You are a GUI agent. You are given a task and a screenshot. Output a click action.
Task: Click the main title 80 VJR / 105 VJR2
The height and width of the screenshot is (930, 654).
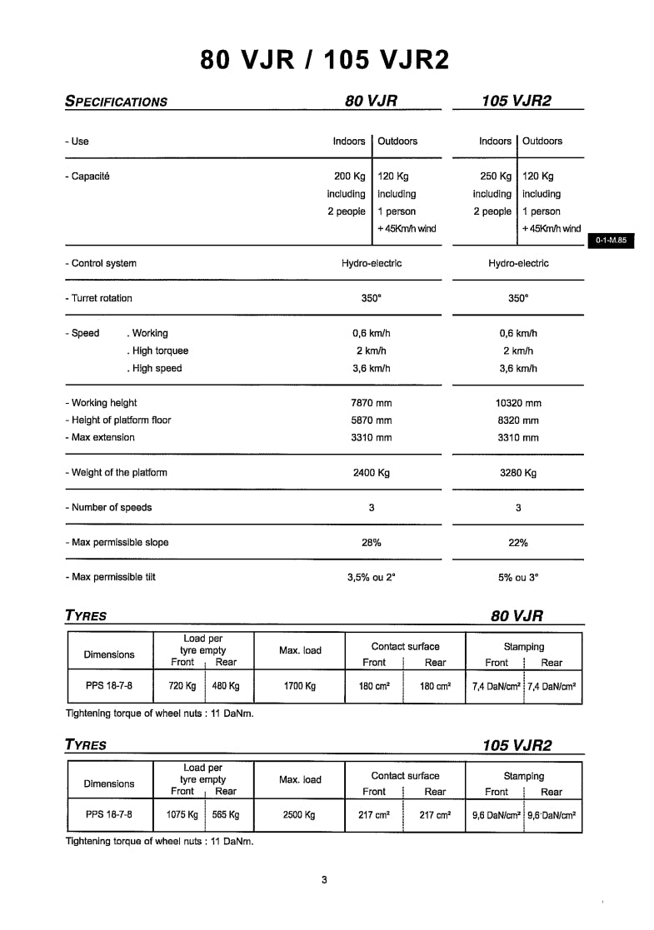[325, 60]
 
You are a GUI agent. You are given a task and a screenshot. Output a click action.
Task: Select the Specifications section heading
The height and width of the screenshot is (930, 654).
[116, 102]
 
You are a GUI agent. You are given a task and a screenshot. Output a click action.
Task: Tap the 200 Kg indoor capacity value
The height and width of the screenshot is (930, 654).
[349, 177]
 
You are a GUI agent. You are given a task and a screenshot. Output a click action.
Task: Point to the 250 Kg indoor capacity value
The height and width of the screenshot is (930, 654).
[496, 177]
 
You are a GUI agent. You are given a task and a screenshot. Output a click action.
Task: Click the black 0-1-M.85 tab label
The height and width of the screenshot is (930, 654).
[611, 241]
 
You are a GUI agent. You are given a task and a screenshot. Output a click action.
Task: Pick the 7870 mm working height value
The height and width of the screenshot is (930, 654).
[371, 403]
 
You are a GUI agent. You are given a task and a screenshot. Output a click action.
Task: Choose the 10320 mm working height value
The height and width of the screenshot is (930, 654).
[517, 403]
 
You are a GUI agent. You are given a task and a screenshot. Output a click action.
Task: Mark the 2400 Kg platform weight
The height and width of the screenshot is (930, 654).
[371, 473]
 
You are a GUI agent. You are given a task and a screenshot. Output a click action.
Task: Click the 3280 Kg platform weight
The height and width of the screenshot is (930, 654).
[517, 473]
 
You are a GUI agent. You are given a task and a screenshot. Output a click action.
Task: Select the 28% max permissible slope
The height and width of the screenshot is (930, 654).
[371, 543]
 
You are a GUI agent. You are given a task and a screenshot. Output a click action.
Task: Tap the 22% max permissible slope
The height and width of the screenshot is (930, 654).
[517, 543]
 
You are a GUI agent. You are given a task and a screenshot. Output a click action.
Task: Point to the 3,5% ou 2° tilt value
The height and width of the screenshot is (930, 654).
[371, 577]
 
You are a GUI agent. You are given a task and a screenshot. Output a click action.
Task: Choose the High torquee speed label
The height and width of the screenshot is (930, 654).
[158, 351]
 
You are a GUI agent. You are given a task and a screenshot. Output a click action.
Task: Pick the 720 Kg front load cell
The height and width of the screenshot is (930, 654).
[182, 687]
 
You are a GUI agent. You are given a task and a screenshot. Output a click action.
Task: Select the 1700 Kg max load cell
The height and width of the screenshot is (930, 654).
[299, 687]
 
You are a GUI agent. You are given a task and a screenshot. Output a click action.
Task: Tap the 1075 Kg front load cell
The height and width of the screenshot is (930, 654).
[182, 816]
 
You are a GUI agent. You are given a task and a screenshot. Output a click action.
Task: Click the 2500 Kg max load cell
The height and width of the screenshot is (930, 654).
[299, 816]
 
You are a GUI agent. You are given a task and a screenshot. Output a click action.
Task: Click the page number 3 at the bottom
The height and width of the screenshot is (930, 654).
[324, 880]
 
